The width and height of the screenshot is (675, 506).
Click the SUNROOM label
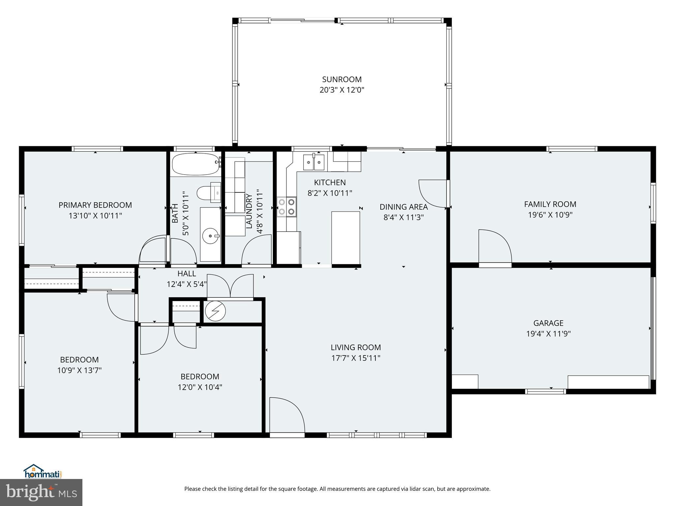pyautogui.click(x=342, y=79)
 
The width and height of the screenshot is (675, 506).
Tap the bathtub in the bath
pyautogui.click(x=195, y=164)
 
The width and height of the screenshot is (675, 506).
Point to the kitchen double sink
pyautogui.click(x=314, y=162)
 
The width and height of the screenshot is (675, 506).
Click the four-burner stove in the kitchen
pyautogui.click(x=286, y=207)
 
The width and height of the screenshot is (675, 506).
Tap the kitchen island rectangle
pyautogui.click(x=345, y=238)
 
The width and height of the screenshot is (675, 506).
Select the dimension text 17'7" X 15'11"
pyautogui.click(x=356, y=358)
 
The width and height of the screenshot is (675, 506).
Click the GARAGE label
pyautogui.click(x=548, y=323)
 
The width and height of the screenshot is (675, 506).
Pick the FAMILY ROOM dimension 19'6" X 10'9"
pyautogui.click(x=550, y=215)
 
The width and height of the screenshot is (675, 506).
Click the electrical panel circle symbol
pyautogui.click(x=215, y=311)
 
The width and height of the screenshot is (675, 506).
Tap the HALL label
pyautogui.click(x=187, y=273)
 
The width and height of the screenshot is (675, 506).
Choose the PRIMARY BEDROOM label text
pyautogui.click(x=95, y=205)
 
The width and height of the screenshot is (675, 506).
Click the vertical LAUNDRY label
pyautogui.click(x=249, y=211)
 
